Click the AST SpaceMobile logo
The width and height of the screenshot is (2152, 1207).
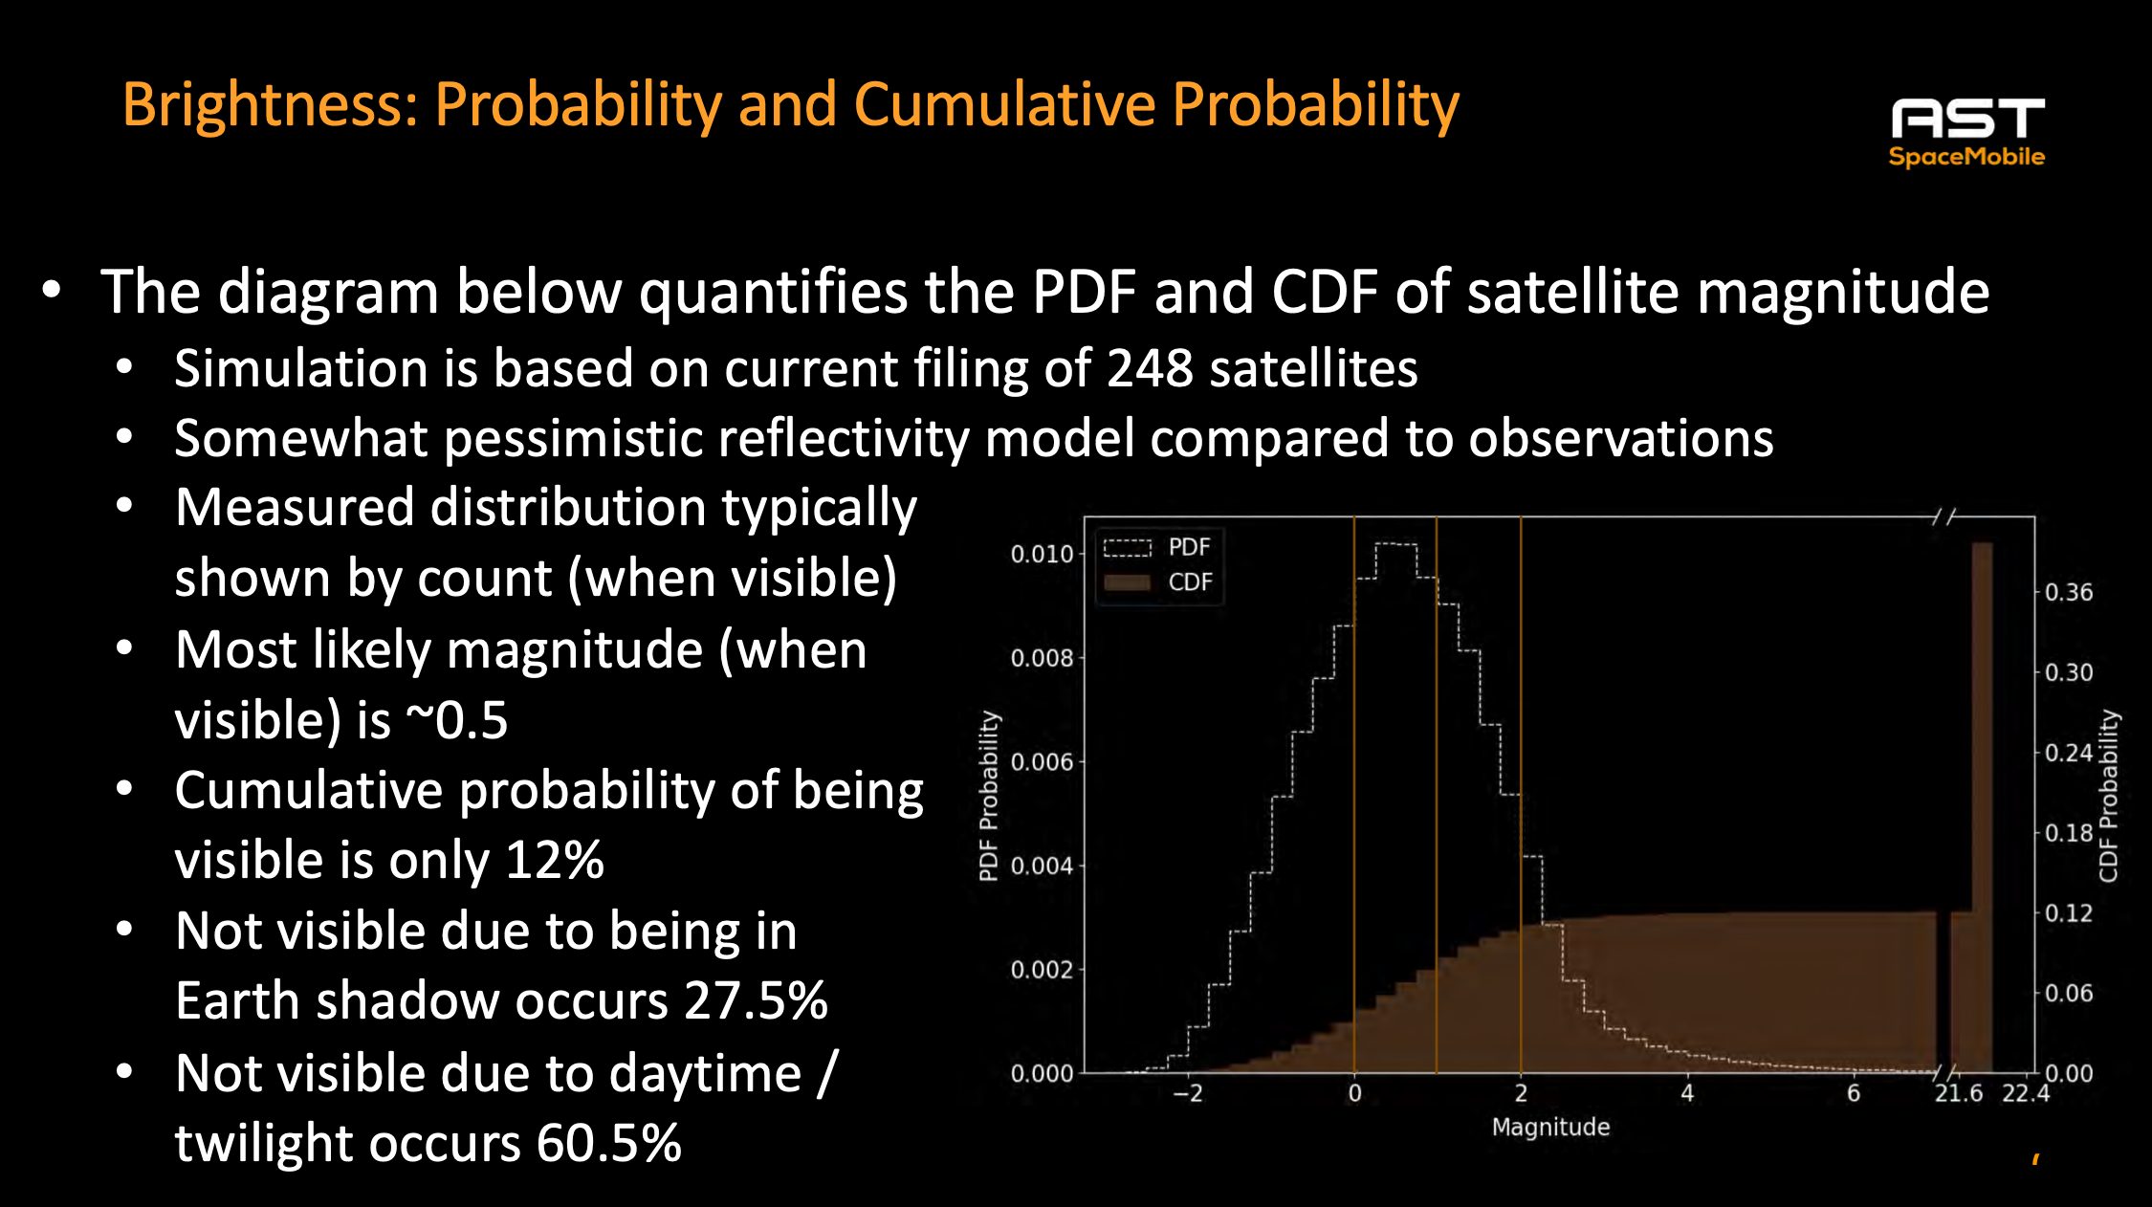1966,132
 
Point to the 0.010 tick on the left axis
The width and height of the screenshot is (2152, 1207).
1042,554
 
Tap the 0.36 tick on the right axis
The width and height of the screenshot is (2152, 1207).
2069,593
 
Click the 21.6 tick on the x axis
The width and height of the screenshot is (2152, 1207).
1958,1093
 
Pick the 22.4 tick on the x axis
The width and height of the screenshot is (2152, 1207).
2026,1093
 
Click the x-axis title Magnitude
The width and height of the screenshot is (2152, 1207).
1550,1128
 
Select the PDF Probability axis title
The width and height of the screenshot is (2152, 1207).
988,796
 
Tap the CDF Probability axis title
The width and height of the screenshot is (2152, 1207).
2109,796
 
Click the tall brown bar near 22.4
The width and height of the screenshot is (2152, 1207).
1982,803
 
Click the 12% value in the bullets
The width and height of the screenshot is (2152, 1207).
555,860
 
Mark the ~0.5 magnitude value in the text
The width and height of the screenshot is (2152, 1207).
457,720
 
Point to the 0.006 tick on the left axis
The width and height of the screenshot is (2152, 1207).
1042,762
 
